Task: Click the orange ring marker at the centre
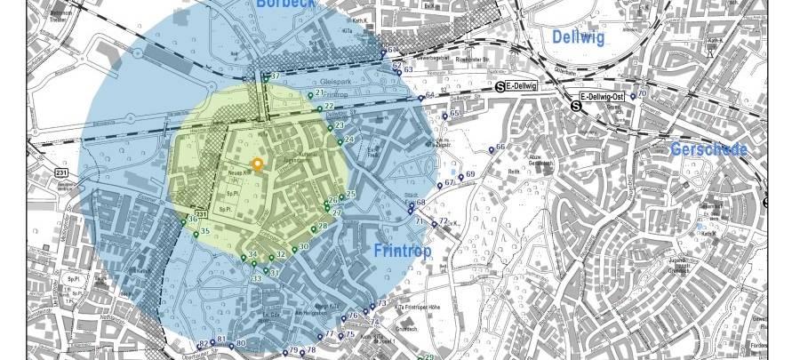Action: coord(258,164)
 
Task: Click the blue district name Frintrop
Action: coord(402,252)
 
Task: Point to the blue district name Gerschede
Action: coord(708,149)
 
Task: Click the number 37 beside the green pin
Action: coord(276,76)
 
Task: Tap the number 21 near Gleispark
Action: coord(320,92)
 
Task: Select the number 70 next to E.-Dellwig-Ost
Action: coord(642,94)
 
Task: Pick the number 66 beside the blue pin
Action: coord(500,147)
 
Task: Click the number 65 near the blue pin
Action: coord(455,114)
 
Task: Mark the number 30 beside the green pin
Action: coord(304,246)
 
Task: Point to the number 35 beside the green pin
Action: coord(205,232)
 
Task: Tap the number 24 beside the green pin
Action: coord(349,140)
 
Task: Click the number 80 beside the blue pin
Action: coord(240,344)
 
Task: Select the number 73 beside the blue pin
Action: coord(381,304)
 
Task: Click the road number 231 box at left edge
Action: coord(61,172)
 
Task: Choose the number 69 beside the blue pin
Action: coord(470,174)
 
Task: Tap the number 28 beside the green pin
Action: coord(323,227)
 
